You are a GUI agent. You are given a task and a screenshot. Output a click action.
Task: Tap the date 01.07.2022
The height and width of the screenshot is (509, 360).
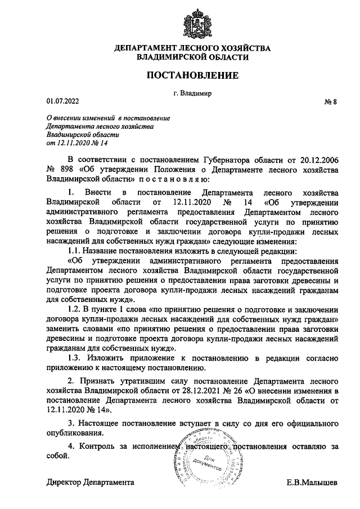(x=63, y=101)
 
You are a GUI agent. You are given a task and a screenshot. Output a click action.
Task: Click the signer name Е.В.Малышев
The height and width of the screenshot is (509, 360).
(x=312, y=483)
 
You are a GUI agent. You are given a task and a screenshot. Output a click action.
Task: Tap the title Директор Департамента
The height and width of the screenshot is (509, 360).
(x=91, y=483)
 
